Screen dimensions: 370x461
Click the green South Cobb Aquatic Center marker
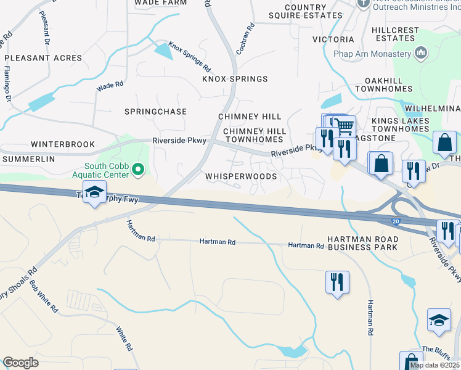point(138,168)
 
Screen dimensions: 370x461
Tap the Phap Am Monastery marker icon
point(422,54)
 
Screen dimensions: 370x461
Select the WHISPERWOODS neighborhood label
point(241,176)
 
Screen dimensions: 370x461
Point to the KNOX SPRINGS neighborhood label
point(235,79)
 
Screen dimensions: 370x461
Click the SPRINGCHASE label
point(155,112)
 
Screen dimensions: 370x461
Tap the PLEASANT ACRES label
point(43,58)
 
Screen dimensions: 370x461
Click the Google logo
point(20,363)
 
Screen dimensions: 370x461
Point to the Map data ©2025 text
point(434,365)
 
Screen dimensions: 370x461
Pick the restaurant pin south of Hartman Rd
point(337,282)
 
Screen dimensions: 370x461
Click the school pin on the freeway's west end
point(94,192)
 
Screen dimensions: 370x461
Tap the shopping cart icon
point(345,126)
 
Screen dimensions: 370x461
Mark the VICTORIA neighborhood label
point(333,39)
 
